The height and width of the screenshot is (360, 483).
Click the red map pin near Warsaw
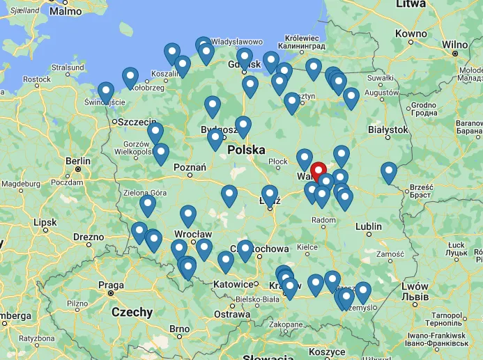tap(319, 171)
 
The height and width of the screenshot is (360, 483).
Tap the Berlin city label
tap(78, 162)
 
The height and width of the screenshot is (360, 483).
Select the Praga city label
tap(111, 285)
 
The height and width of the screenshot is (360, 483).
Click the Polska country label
tap(246, 150)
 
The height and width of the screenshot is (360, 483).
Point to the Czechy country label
tap(132, 312)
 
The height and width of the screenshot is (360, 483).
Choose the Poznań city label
tap(190, 167)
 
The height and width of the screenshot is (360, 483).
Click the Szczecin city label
tap(137, 122)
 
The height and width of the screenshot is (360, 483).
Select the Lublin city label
tap(368, 226)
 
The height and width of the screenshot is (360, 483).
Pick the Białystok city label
tap(387, 130)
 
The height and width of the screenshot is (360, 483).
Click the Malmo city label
tap(66, 11)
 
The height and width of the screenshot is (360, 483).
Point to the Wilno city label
tap(455, 44)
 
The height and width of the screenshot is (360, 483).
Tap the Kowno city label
tap(411, 33)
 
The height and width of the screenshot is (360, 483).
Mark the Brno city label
tap(179, 329)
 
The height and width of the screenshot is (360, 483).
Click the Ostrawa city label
tap(231, 314)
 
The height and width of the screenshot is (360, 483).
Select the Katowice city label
tap(233, 284)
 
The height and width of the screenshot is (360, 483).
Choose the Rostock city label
tap(36, 79)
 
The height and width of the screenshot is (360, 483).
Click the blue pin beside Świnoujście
tap(106, 92)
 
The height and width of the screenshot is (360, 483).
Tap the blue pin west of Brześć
tap(389, 172)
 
